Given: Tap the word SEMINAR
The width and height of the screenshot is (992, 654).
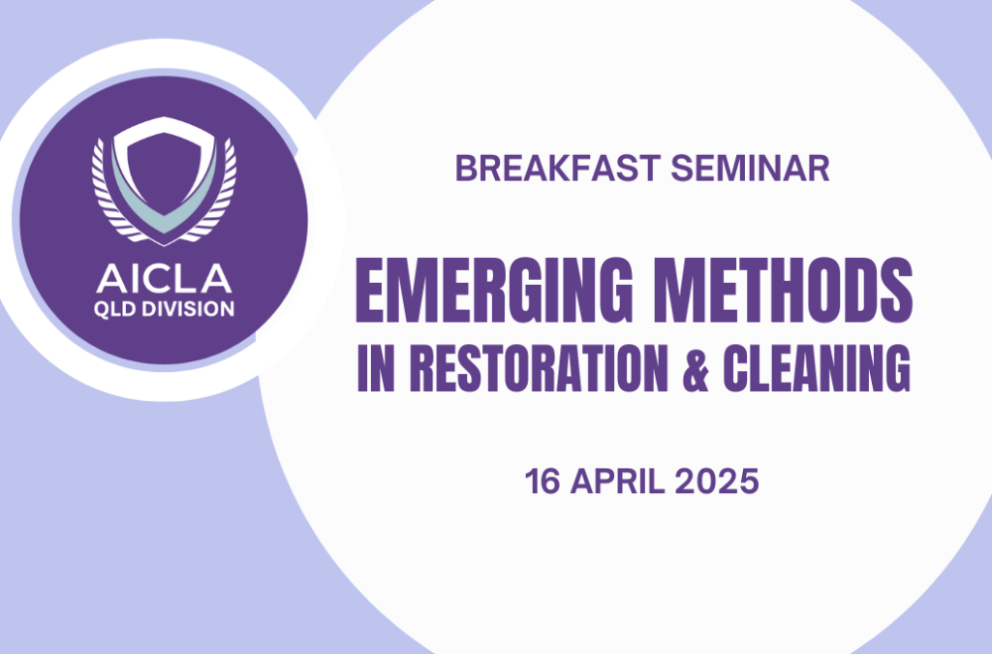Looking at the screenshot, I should [x=751, y=169].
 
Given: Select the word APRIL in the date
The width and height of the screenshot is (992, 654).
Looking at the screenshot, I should [x=617, y=482].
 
